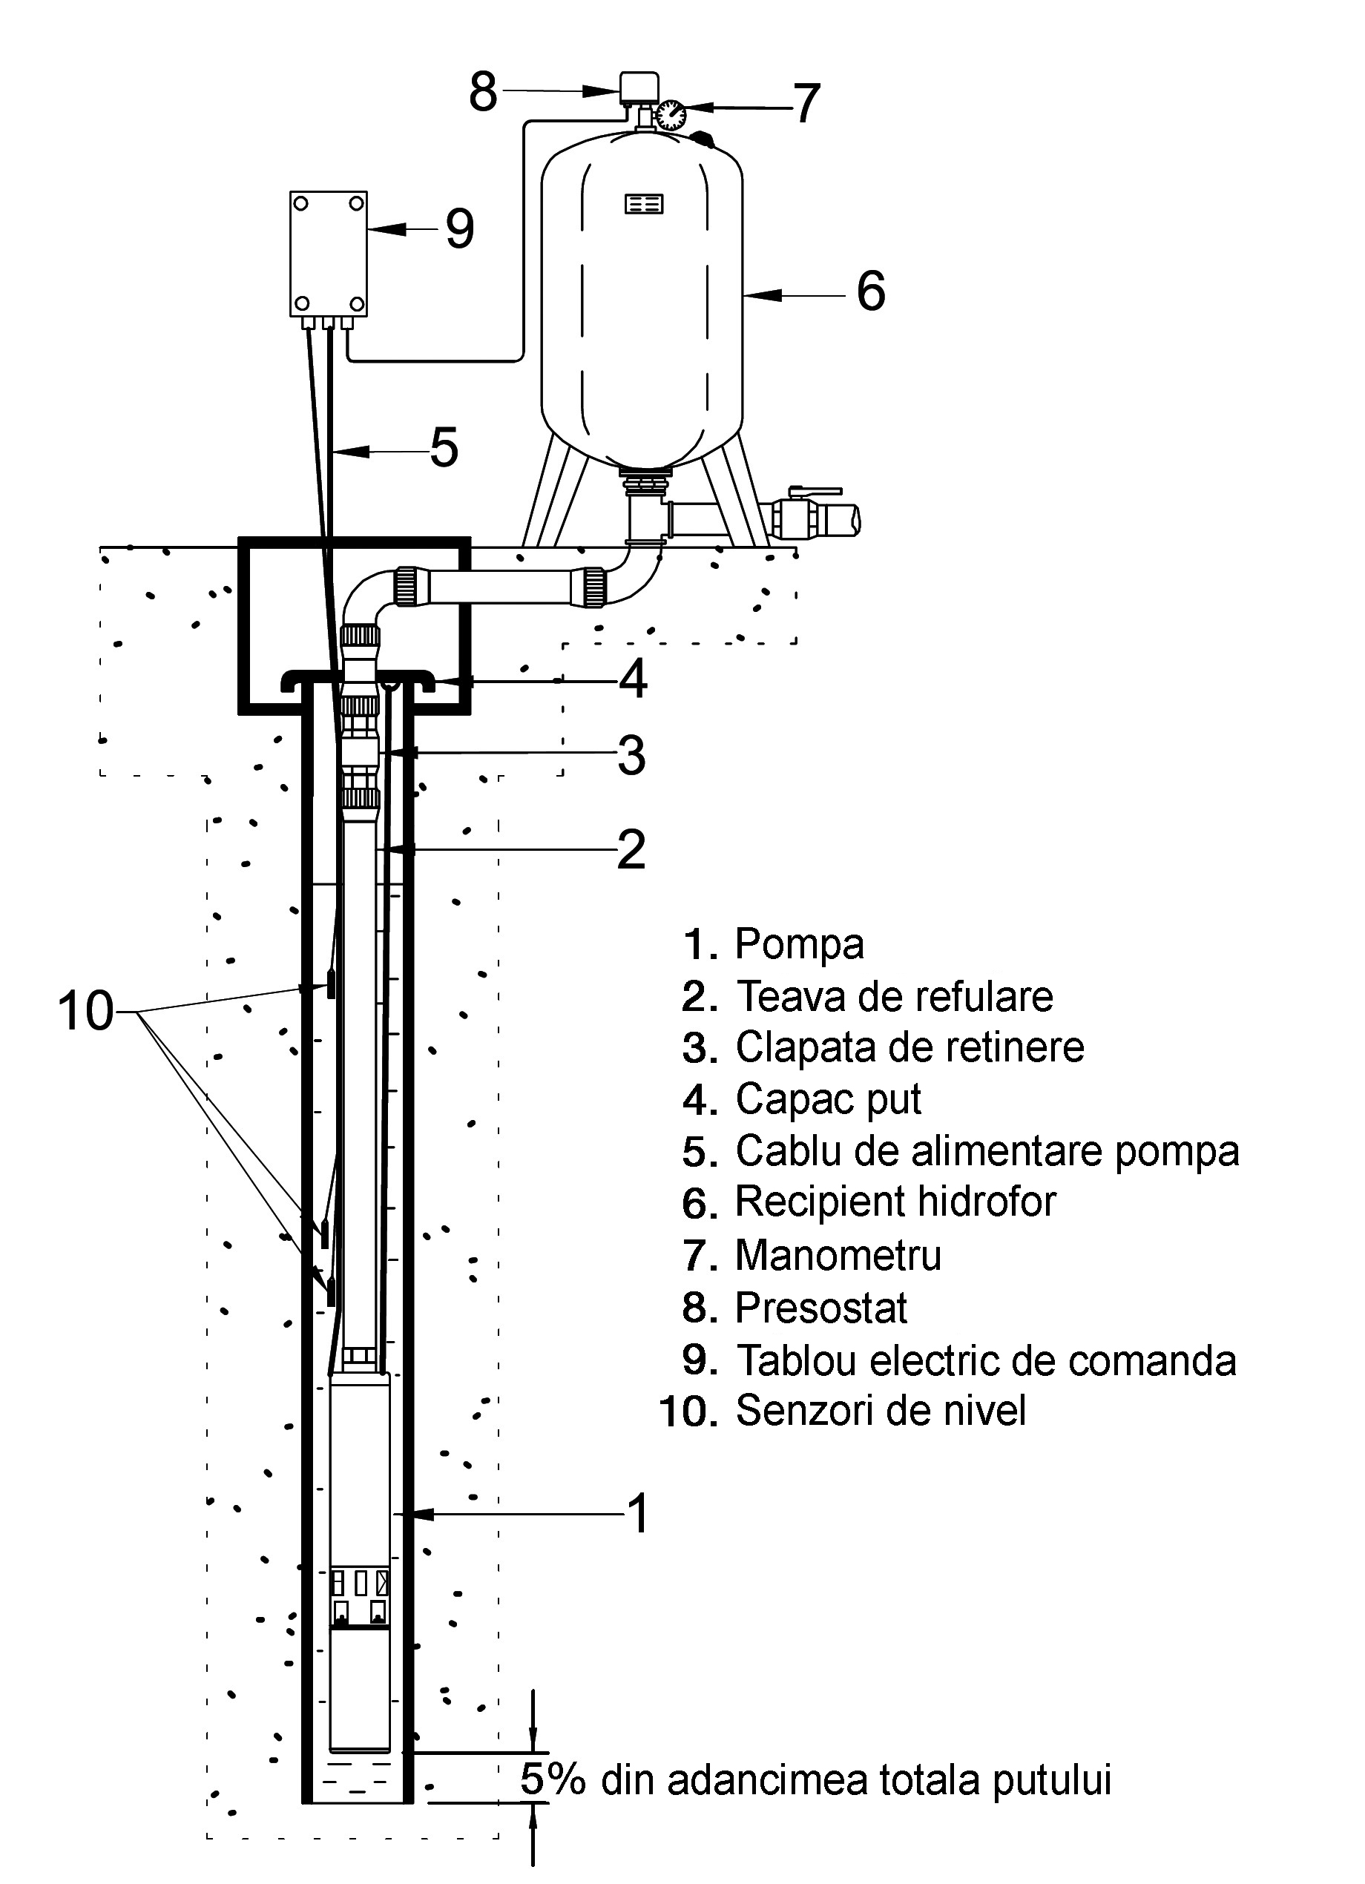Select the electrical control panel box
click(329, 254)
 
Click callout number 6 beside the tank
click(871, 292)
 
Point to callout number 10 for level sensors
click(85, 1011)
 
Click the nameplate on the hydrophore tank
click(644, 203)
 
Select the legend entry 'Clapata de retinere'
click(909, 1047)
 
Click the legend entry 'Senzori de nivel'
click(880, 1411)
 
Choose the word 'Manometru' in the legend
click(838, 1255)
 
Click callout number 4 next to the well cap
click(632, 679)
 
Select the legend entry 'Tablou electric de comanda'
click(985, 1360)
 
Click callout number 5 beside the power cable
click(444, 448)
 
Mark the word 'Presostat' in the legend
click(820, 1308)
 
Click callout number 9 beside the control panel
click(459, 228)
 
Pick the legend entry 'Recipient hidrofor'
click(895, 1202)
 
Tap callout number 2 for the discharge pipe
click(631, 849)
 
